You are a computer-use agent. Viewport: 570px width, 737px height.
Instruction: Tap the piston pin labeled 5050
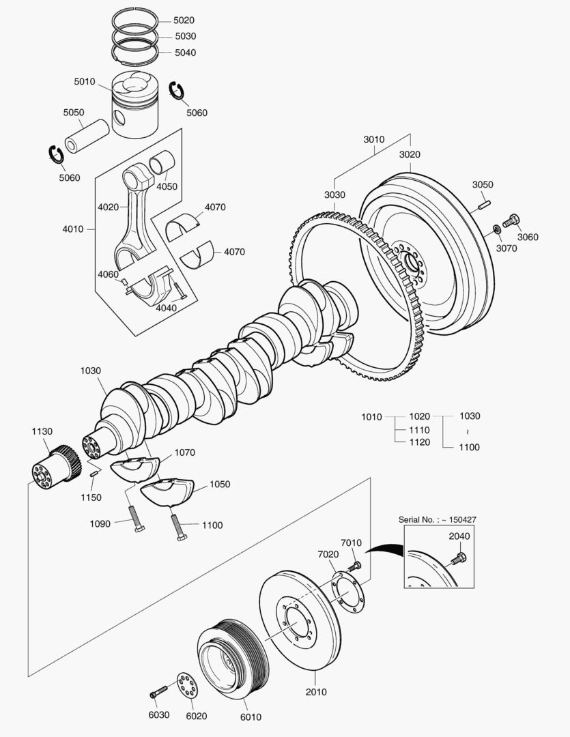coord(87,135)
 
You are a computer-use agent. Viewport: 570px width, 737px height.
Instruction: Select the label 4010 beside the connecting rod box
coord(72,229)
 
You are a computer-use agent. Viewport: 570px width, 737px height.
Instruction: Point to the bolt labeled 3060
coord(511,221)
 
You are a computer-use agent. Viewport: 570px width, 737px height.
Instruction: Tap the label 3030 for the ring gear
coord(334,195)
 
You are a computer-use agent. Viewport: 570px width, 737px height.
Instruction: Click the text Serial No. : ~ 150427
coord(437,520)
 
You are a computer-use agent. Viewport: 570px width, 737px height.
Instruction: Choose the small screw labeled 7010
coord(355,566)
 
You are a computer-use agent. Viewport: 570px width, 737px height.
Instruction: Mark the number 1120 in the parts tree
coord(419,442)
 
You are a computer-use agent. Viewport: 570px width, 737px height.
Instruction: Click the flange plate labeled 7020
coord(348,592)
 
